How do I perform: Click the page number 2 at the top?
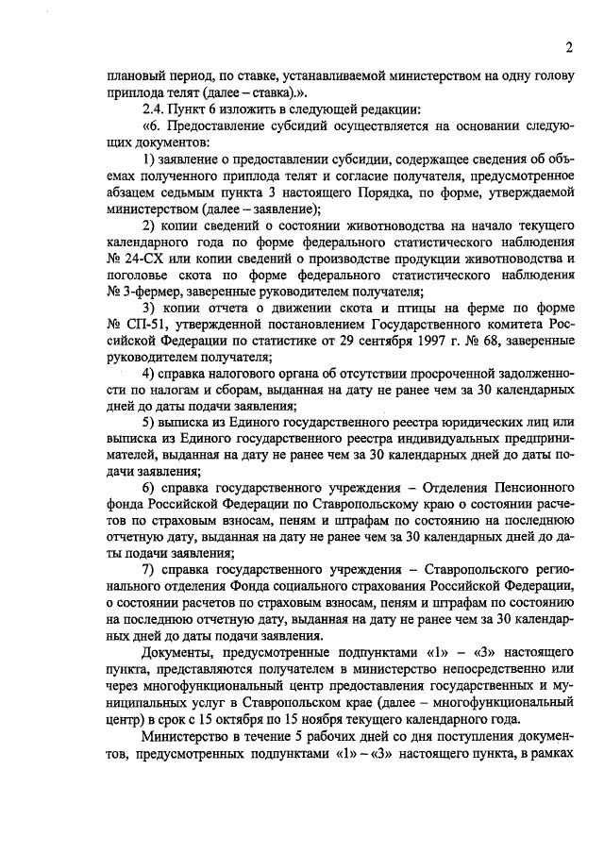570,48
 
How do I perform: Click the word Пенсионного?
529,487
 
